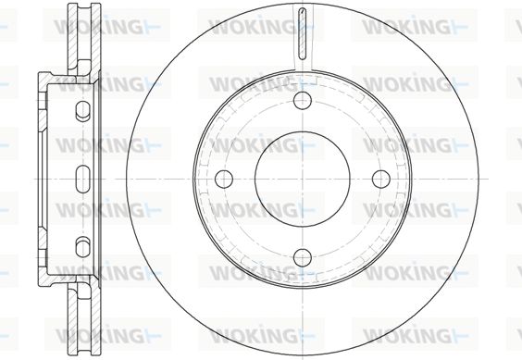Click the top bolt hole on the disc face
(303, 100)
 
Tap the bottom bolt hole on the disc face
(303, 257)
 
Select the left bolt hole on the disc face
(224, 179)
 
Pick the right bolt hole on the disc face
(380, 179)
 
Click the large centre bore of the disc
(303, 180)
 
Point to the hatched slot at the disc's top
(302, 33)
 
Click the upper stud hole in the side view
(82, 110)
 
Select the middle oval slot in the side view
(82, 179)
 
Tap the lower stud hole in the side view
(82, 247)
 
